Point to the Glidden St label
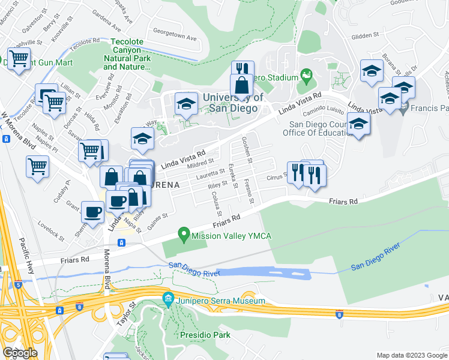pyautogui.click(x=365, y=35)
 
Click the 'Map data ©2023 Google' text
pyautogui.click(x=411, y=355)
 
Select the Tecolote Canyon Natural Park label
pyautogui.click(x=127, y=55)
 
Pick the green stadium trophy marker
pyautogui.click(x=307, y=77)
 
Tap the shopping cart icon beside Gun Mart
pyautogui.click(x=19, y=59)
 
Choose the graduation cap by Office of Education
pyautogui.click(x=358, y=124)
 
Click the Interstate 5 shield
pyautogui.click(x=19, y=285)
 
